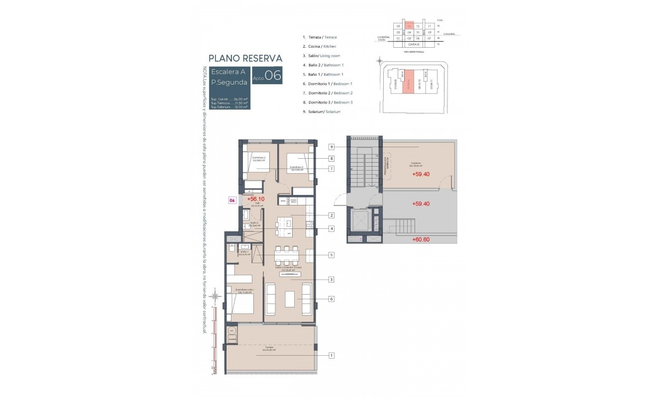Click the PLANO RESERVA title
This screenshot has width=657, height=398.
tap(245, 58)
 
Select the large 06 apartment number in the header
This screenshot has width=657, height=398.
tap(273, 76)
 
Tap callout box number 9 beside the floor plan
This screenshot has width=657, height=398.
tap(331, 147)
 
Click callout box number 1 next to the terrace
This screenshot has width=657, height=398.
tap(331, 355)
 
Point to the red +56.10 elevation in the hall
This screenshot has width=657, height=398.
tap(255, 199)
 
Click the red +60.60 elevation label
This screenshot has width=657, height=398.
tap(421, 239)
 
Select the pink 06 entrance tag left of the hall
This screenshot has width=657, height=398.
tap(231, 200)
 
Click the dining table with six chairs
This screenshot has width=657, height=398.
tap(287, 256)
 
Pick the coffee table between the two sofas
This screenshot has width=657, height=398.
tap(290, 299)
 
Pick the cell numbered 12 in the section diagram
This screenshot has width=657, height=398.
tap(418, 26)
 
